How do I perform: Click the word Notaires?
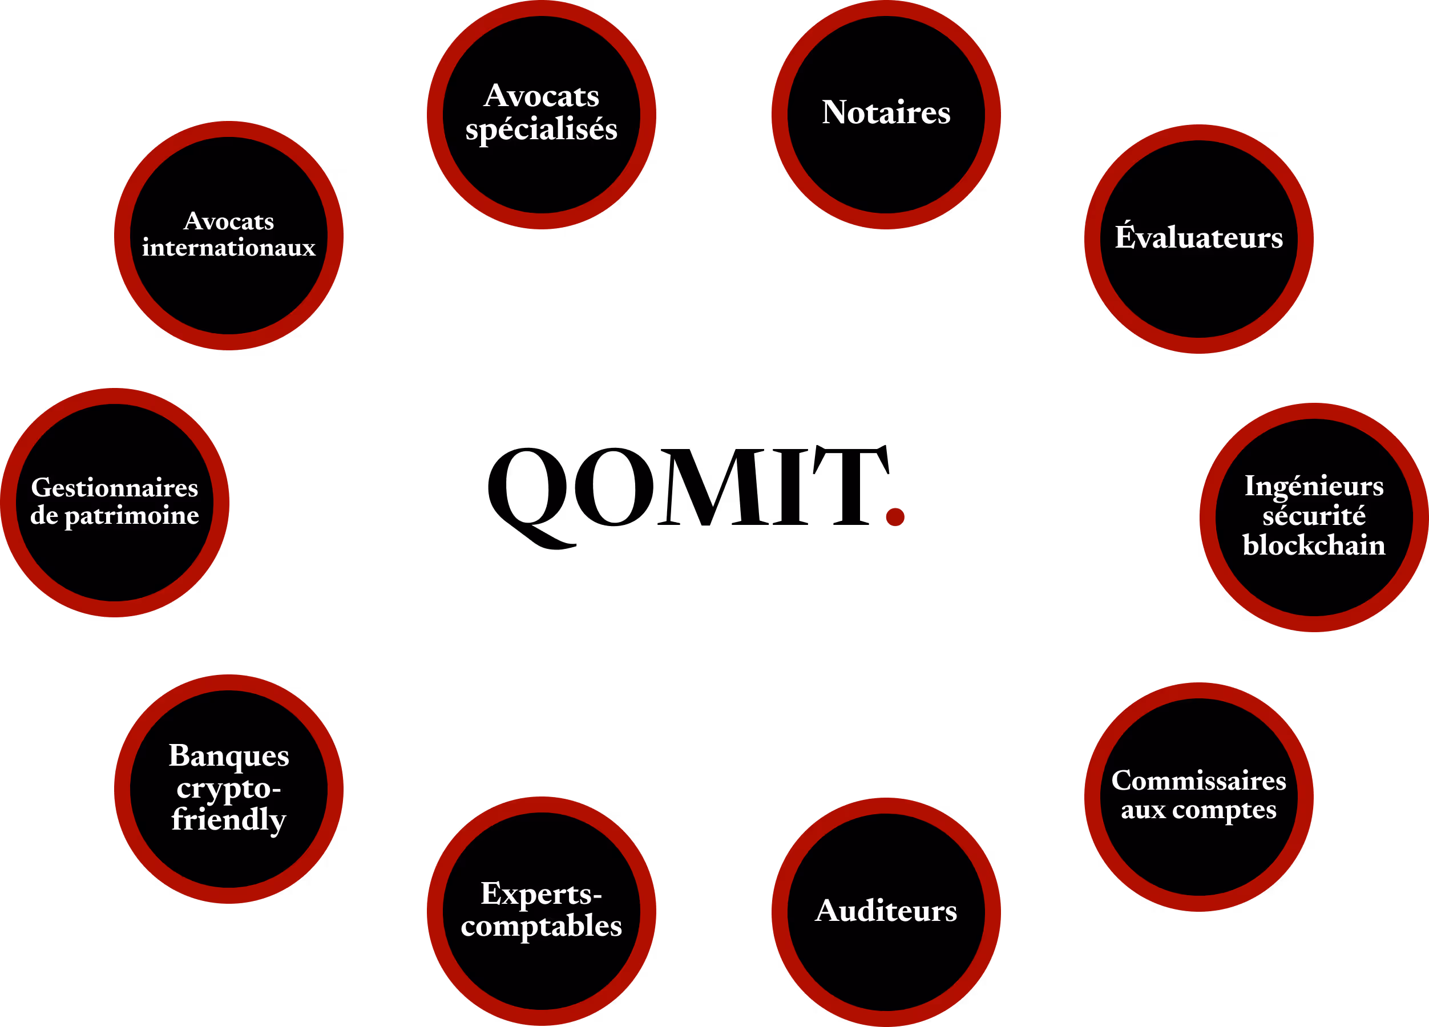coord(886,113)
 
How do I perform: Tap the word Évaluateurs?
coord(1198,237)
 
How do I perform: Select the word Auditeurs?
coord(886,911)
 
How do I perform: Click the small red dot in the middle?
coord(895,517)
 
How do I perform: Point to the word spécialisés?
coord(541,130)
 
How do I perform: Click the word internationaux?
coord(229,248)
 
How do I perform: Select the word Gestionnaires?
coord(115,488)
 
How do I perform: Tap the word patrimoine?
coord(132,516)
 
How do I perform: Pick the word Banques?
coord(229,755)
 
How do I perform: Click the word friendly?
coord(229,820)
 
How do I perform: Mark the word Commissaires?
coord(1198,781)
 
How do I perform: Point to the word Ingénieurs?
coord(1314,486)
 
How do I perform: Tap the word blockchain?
coord(1314,545)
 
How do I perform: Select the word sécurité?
coord(1314,516)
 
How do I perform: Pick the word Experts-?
coord(541,893)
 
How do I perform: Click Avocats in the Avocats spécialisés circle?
coord(541,96)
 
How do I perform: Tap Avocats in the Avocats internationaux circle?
coord(229,221)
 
